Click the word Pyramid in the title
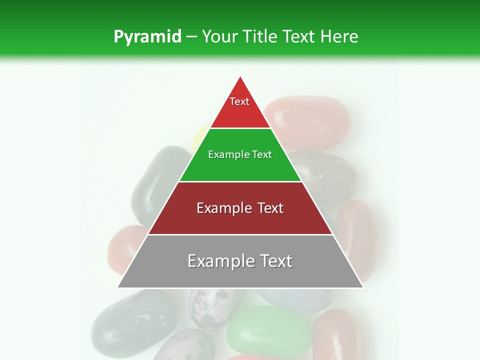click(x=147, y=37)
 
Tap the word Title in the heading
click(x=261, y=36)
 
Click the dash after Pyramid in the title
click(x=191, y=37)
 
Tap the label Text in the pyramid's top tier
click(x=239, y=101)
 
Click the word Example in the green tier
click(x=227, y=155)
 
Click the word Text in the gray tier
click(x=275, y=261)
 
